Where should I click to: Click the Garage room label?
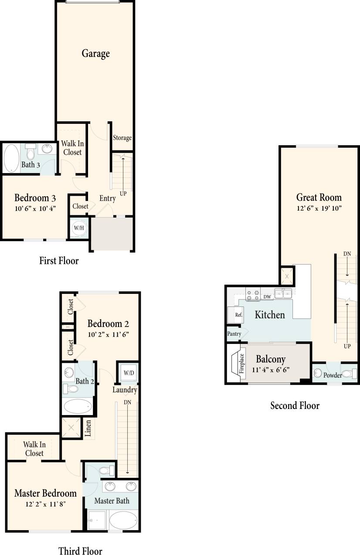[x=95, y=54]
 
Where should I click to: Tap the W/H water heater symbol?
[x=79, y=228]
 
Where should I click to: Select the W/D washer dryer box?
[x=129, y=373]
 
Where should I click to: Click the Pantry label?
[x=234, y=334]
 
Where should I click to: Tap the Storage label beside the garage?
[x=122, y=138]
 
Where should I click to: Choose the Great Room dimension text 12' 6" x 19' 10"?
[x=319, y=208]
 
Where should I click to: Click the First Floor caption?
[x=59, y=261]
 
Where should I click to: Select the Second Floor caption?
[x=295, y=406]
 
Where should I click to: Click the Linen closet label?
[x=88, y=429]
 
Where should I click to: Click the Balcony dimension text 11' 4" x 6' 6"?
[x=270, y=370]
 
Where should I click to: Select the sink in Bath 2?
[x=69, y=373]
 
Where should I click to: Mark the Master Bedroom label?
[x=45, y=494]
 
